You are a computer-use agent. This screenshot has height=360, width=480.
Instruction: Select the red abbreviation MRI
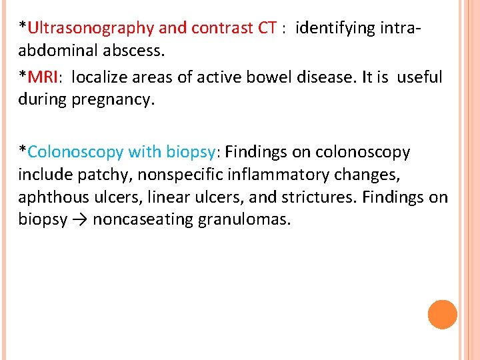click(x=43, y=77)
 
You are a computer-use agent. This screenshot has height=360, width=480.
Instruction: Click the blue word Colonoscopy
click(x=76, y=152)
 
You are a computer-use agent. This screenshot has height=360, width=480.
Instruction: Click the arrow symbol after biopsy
click(x=80, y=221)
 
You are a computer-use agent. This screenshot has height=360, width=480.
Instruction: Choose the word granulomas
click(x=245, y=221)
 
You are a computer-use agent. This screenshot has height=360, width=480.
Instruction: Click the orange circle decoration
click(x=442, y=315)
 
